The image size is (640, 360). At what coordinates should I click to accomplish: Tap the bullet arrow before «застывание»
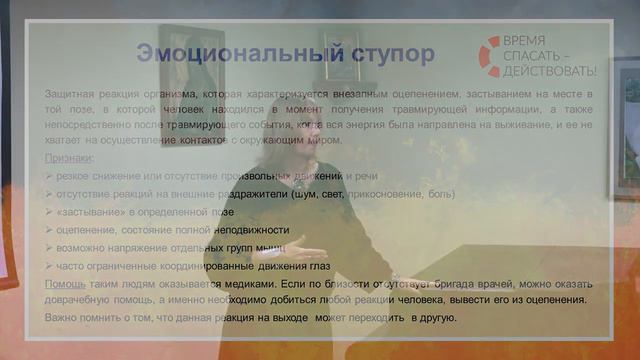click(x=49, y=212)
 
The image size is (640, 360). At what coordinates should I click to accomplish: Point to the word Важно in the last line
click(x=62, y=318)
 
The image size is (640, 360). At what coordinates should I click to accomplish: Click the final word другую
click(x=435, y=318)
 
